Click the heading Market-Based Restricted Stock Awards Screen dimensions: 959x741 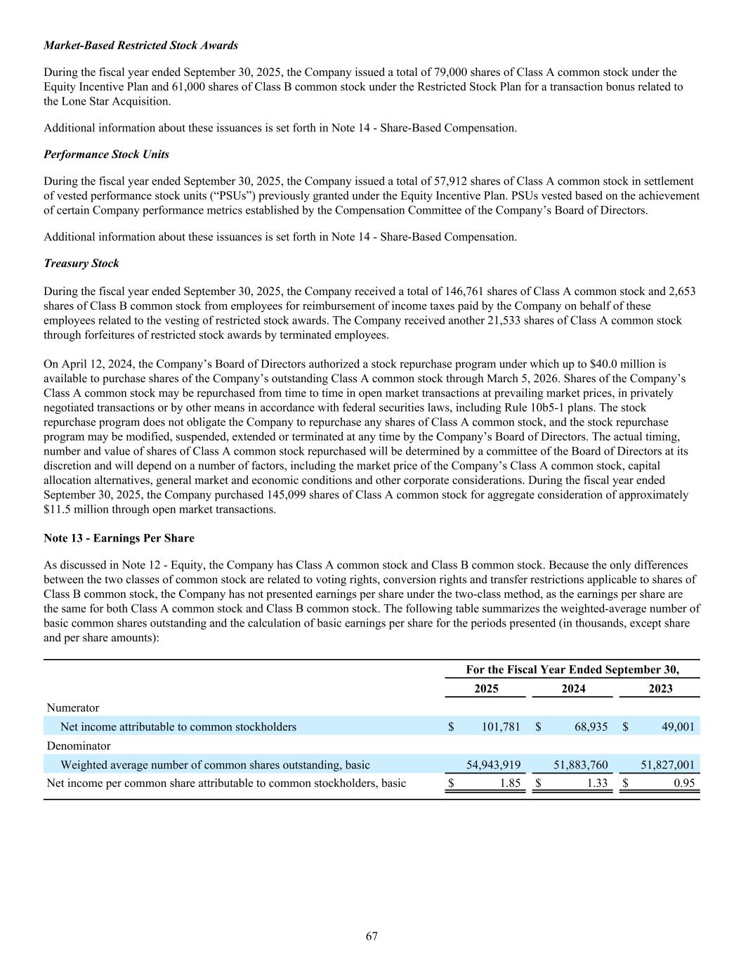point(140,45)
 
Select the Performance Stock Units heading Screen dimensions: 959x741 point(106,154)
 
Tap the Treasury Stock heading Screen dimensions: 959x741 point(81,263)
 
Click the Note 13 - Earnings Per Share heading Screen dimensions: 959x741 point(119,538)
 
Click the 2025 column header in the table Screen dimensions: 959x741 point(486,689)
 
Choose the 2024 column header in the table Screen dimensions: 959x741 point(573,689)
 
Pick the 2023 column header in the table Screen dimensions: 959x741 point(660,689)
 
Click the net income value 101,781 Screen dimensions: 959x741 point(501,726)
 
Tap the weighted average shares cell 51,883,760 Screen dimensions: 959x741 point(581,764)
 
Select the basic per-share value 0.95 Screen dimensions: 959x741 point(683,783)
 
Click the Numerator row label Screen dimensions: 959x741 point(73,707)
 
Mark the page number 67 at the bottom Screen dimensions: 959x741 point(372,936)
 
